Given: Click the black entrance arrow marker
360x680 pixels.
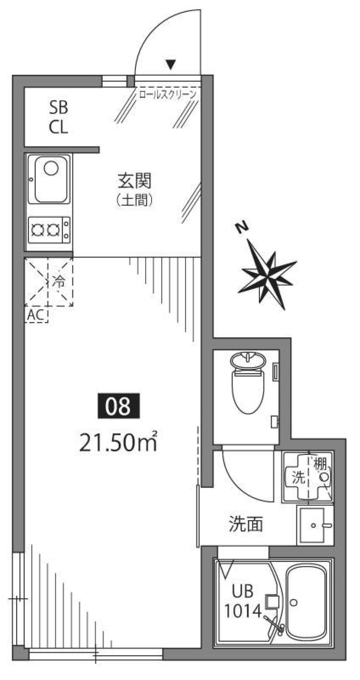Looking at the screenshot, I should pyautogui.click(x=171, y=65).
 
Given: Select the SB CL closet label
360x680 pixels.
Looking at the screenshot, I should pyautogui.click(x=58, y=117).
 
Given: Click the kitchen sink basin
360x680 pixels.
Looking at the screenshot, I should pyautogui.click(x=51, y=179).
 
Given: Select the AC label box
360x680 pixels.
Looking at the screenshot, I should pyautogui.click(x=36, y=316).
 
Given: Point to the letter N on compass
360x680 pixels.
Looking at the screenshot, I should pyautogui.click(x=242, y=227).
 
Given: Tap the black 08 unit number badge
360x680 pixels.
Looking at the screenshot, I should pyautogui.click(x=118, y=406).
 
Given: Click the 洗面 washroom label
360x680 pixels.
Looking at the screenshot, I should pyautogui.click(x=246, y=524).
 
